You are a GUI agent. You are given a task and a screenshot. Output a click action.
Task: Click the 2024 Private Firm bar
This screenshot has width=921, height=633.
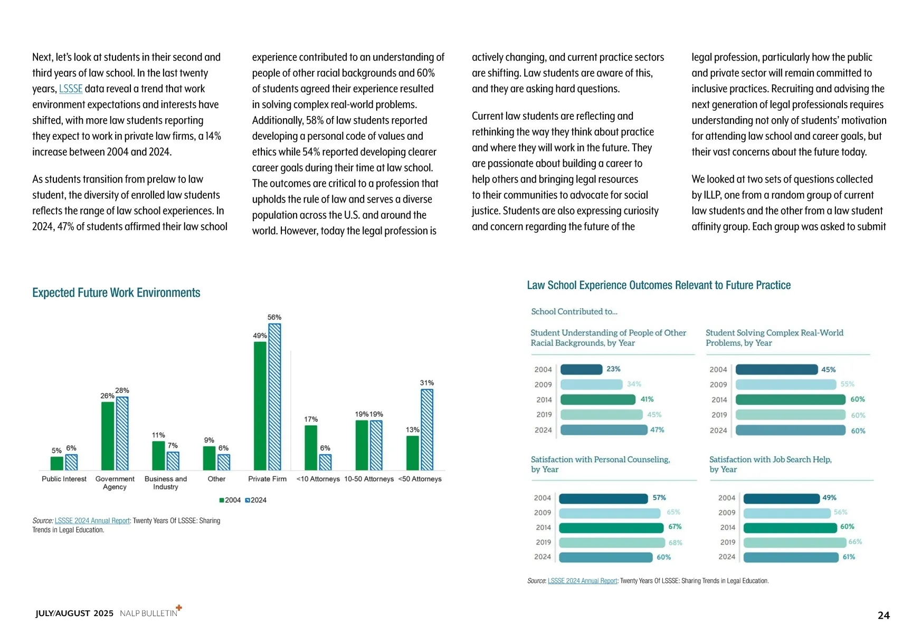[274, 397]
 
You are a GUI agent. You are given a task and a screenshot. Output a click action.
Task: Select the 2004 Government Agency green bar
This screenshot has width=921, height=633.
[108, 436]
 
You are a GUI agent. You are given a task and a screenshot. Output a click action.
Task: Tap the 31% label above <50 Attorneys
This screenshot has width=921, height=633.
[427, 383]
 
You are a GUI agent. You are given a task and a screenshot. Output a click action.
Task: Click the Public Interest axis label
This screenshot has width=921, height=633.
[64, 479]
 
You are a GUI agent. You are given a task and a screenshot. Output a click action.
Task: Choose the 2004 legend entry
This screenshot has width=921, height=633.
[230, 500]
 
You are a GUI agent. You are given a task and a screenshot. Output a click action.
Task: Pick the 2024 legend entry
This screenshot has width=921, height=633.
[256, 500]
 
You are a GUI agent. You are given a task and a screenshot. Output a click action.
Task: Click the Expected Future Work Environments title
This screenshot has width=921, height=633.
[116, 293]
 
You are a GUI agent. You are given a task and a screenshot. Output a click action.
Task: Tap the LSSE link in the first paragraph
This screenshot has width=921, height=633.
[71, 89]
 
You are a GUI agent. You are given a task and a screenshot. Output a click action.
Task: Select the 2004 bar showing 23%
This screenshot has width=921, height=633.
[581, 369]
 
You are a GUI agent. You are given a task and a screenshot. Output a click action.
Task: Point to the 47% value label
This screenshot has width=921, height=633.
[657, 430]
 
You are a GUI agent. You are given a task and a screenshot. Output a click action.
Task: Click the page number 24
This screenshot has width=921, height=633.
[884, 615]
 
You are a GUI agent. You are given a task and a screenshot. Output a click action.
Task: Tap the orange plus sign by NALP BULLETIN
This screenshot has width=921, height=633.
[179, 608]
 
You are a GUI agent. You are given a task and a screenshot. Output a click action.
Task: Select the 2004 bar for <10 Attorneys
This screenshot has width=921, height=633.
[311, 447]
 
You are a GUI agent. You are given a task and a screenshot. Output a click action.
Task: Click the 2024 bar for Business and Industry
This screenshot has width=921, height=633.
[173, 461]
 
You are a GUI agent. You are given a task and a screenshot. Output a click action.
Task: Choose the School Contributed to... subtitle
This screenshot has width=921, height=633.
[574, 312]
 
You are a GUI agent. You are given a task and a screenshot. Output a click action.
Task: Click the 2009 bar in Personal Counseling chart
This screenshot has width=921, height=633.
[610, 513]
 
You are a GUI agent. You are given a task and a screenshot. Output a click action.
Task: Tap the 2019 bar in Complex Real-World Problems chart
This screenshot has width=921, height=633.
[790, 415]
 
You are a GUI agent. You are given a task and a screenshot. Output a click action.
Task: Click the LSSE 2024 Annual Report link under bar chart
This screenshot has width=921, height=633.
[92, 521]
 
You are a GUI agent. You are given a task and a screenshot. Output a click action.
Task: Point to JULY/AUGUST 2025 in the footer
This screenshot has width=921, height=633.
[74, 613]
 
